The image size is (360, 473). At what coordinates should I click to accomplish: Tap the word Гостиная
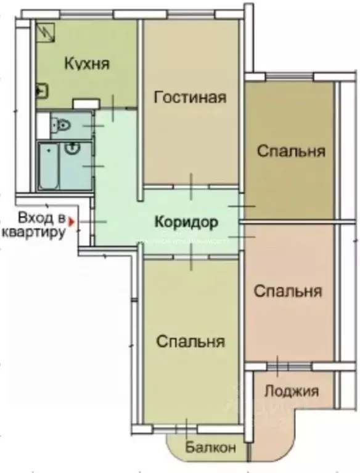(x=190, y=97)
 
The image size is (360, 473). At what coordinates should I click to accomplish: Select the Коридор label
(x=187, y=220)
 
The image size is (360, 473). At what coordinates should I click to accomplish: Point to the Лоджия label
(x=291, y=390)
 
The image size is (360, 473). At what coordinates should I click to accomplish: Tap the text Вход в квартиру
(x=35, y=225)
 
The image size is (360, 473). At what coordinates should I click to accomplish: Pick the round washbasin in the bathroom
(x=73, y=147)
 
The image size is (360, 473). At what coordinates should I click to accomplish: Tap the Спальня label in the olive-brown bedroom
(x=291, y=152)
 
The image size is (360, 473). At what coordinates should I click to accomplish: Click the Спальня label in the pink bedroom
(x=288, y=290)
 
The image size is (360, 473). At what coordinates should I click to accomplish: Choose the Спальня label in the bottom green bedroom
(x=190, y=341)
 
